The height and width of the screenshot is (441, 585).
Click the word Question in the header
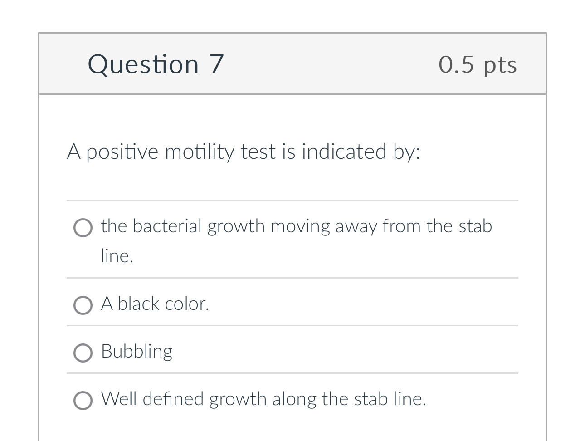143,64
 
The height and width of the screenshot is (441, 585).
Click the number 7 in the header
217,64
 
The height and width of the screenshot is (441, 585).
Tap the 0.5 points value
456,64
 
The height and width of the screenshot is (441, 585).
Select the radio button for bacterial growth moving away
83,228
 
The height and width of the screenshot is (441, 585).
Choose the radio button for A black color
83,305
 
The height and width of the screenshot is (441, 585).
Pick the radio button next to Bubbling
83,353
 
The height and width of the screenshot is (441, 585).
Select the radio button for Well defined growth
83,401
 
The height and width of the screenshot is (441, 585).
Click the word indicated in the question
344,152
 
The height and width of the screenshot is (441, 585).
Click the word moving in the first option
300,226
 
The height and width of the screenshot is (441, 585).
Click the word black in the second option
138,304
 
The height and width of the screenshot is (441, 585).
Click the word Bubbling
136,352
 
